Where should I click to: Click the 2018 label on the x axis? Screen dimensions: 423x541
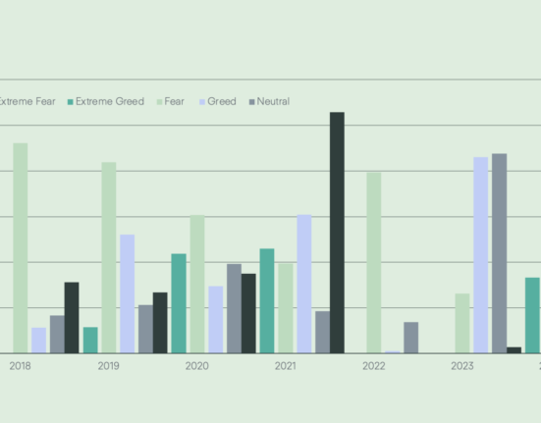click(20, 366)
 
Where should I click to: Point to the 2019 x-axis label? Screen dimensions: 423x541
click(108, 366)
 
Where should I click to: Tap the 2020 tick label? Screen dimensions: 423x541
click(196, 366)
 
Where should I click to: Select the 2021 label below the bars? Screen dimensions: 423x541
click(285, 366)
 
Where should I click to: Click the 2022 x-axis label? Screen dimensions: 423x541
click(373, 366)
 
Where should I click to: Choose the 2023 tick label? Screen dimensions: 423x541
click(461, 366)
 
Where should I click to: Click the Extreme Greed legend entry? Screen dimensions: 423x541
click(105, 101)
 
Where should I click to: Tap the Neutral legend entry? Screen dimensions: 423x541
click(268, 101)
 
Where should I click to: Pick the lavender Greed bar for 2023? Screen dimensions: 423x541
click(480, 254)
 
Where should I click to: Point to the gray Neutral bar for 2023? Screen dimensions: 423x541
click(499, 252)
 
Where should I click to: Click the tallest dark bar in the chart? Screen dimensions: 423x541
click(337, 232)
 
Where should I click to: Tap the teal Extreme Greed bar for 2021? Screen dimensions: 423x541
click(267, 300)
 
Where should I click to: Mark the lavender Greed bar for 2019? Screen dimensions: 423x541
click(128, 293)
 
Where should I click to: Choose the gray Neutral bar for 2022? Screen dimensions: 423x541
click(410, 337)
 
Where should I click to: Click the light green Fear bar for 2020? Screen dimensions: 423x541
click(197, 284)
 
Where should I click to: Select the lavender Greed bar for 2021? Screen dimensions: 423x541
click(304, 283)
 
